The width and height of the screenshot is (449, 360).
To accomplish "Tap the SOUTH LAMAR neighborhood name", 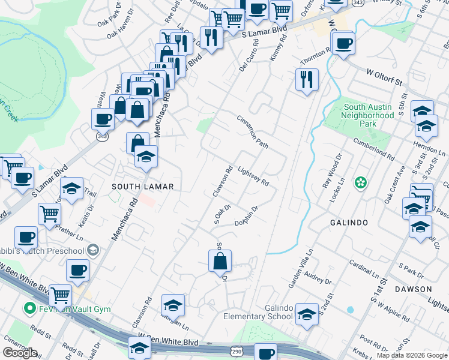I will point(142,187).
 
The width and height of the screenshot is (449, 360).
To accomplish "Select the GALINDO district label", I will point(348,223).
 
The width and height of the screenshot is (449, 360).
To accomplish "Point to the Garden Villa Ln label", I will point(301,269).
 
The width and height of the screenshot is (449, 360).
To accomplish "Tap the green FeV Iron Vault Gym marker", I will point(28,309).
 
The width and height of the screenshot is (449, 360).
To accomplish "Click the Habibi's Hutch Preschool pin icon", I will point(93,250).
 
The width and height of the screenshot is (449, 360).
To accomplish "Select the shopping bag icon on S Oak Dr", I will point(220,260).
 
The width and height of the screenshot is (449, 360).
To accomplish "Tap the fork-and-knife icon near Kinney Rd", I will point(307,79).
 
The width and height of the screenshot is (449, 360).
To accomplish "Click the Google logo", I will point(20,353).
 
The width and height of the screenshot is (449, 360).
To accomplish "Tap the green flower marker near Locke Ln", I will point(360,182).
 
